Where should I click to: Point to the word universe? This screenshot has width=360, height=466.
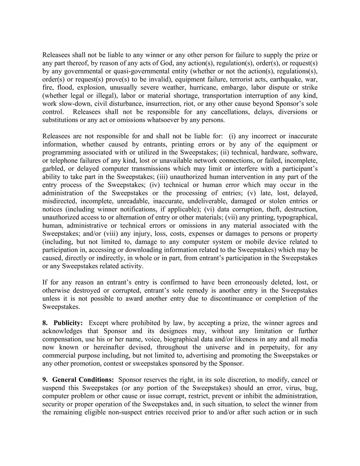pos(218,348)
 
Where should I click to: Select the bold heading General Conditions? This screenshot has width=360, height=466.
pos(83,380)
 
